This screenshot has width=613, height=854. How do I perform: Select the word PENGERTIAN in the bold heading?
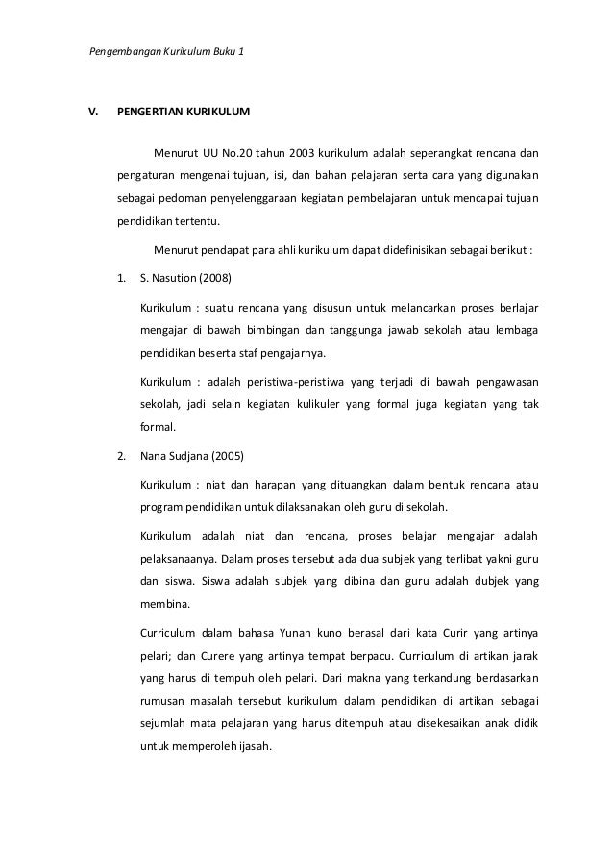(x=149, y=113)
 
